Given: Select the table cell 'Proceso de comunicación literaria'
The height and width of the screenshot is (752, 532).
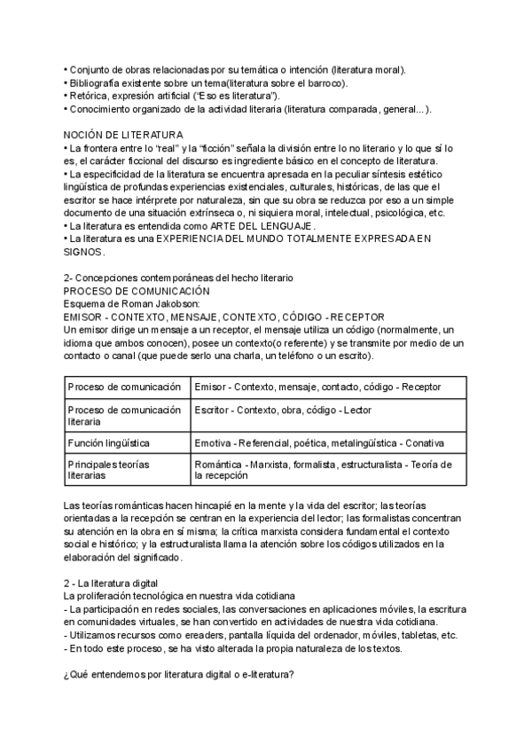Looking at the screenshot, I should point(124,416).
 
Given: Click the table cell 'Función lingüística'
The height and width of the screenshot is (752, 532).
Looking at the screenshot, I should point(108,442).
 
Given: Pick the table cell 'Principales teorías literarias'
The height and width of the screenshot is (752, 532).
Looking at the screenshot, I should point(110,469).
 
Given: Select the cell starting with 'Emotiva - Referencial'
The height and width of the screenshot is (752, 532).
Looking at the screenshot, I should point(318,442).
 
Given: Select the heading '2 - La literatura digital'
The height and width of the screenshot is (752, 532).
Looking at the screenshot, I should point(111,582).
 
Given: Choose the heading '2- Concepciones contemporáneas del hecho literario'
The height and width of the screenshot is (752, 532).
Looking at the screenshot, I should point(178,278).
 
